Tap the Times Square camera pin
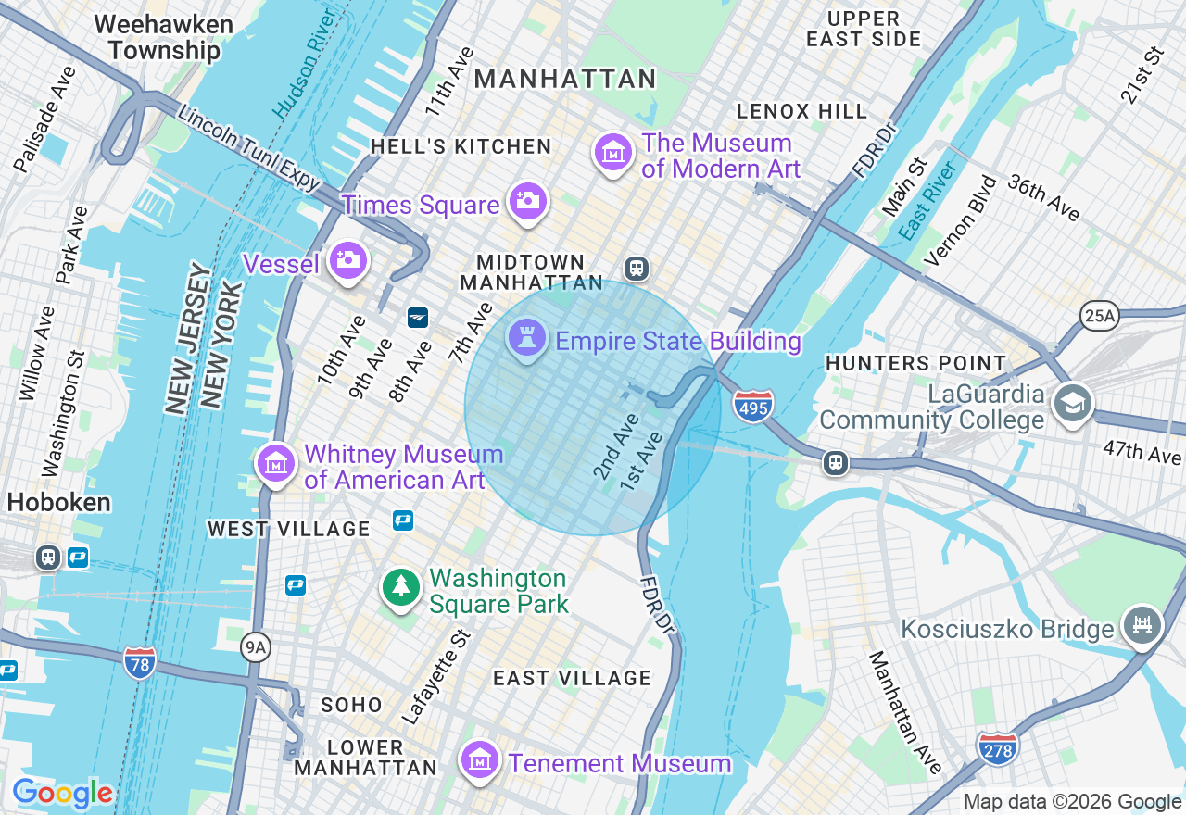(528, 201)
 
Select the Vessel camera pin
(348, 261)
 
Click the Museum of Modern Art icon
(613, 153)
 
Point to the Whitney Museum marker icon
(276, 463)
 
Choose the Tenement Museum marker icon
(480, 761)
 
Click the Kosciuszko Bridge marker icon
(1142, 626)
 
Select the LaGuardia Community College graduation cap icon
(1073, 403)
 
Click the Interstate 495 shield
(753, 406)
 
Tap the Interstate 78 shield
(139, 661)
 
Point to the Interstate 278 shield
(997, 746)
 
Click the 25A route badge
(1099, 316)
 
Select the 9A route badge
(256, 648)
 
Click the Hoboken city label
(59, 503)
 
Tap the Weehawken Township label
(158, 37)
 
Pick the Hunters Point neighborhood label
(915, 363)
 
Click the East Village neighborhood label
(572, 678)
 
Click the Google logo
(62, 793)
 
